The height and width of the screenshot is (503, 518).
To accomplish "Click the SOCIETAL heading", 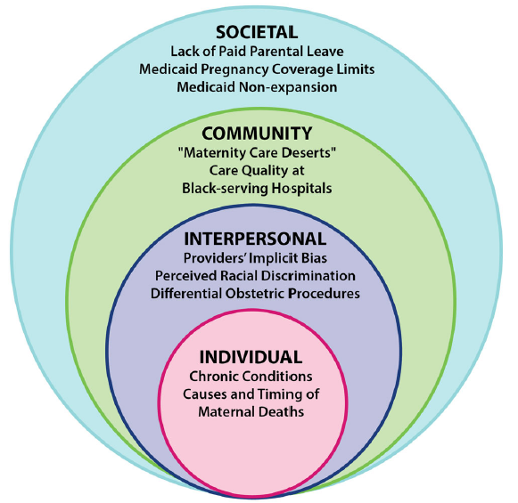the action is (x=257, y=32).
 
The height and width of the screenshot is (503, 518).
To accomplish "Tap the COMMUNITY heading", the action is (x=257, y=134).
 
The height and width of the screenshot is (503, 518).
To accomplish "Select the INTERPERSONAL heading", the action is (x=255, y=239).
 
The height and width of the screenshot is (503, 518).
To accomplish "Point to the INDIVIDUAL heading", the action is (x=251, y=357).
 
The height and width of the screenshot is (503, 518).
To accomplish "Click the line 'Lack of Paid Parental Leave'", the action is (x=257, y=52).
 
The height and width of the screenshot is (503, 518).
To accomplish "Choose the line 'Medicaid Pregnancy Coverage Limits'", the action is (x=257, y=69).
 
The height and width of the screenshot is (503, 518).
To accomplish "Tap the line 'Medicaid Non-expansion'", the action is (x=257, y=87).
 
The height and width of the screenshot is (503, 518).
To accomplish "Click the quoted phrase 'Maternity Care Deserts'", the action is (x=257, y=153).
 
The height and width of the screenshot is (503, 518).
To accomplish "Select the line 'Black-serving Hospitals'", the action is (x=257, y=189).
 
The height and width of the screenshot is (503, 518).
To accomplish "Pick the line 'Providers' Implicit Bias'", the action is (x=255, y=258).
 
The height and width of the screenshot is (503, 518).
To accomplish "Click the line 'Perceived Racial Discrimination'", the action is (x=255, y=276).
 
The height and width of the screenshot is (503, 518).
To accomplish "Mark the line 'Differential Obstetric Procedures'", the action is (x=255, y=294).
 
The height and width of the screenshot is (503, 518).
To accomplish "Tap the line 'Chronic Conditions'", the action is (x=251, y=377).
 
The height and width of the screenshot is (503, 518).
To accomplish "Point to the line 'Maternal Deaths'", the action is (x=251, y=411).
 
